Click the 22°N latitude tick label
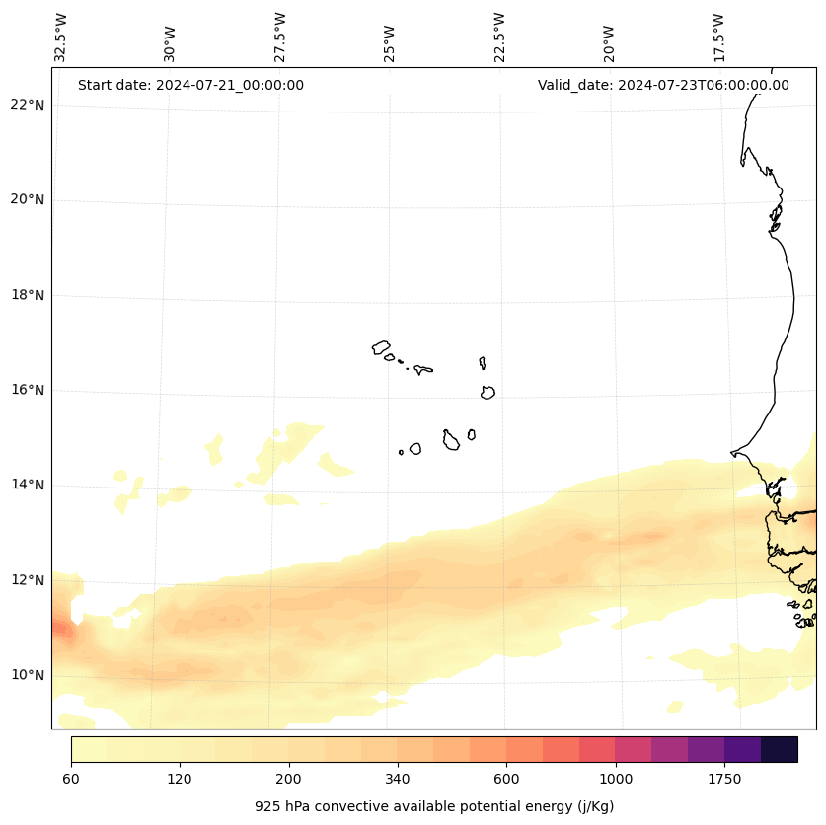[26, 105]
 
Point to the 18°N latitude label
[26, 295]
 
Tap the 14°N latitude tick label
[26, 485]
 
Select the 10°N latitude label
[26, 675]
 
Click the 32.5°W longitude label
[61, 37]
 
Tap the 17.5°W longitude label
[718, 37]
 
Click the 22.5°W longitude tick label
[499, 37]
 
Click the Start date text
[190, 85]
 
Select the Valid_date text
[663, 85]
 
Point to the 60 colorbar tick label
[71, 779]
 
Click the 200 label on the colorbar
[288, 779]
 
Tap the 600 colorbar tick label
[506, 779]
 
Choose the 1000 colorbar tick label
[615, 779]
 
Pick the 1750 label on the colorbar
[724, 779]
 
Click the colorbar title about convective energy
[434, 806]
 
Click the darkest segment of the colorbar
[780, 749]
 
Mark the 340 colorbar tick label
[398, 779]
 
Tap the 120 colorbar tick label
[180, 779]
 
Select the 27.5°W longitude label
[280, 37]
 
